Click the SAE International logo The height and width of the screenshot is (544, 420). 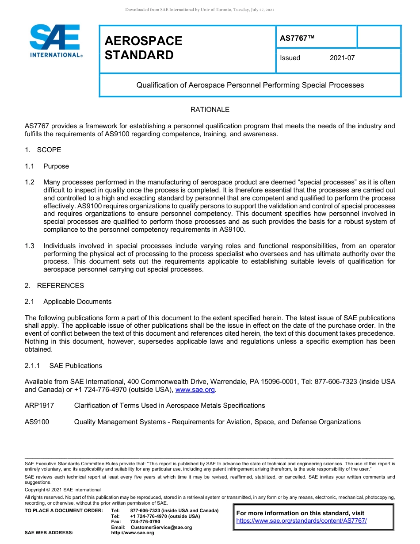coord(55,41)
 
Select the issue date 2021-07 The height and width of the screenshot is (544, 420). coord(342,58)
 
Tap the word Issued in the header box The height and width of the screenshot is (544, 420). coord(290,58)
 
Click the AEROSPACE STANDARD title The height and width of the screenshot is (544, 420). coord(143,48)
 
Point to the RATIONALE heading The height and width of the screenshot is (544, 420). coord(210,110)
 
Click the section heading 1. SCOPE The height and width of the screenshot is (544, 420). coord(43,150)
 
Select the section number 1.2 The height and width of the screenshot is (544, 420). coord(30,182)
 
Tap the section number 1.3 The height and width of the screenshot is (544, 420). coord(30,246)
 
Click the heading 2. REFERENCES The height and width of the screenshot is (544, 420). coord(54,286)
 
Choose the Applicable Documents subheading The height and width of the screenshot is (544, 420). coord(77,302)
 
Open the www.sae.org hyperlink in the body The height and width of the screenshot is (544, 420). coord(195,390)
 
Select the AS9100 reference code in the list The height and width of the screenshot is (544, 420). coord(37,422)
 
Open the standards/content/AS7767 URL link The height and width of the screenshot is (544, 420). coord(302,521)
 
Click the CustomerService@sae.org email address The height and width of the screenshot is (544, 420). coord(161,527)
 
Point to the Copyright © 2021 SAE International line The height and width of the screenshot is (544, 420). coord(63,490)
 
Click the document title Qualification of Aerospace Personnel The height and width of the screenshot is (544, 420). coord(250,85)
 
